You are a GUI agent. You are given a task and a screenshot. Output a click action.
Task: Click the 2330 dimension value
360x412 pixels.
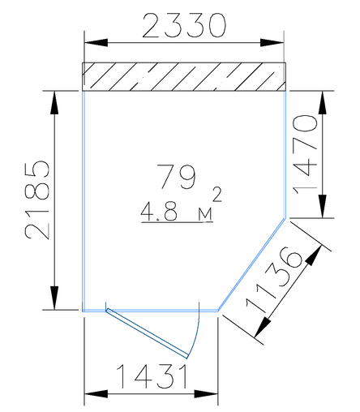click(x=184, y=25)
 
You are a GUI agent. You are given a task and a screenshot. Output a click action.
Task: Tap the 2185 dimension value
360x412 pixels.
click(x=37, y=200)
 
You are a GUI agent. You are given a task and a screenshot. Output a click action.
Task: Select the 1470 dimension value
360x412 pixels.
click(x=306, y=155)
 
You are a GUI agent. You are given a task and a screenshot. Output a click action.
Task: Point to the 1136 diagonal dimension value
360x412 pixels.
click(x=274, y=280)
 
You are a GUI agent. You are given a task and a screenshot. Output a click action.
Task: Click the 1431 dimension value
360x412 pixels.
click(x=152, y=376)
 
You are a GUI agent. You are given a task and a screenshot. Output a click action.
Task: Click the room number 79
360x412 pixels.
click(x=176, y=177)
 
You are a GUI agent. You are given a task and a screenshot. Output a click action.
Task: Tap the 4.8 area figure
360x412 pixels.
click(x=159, y=212)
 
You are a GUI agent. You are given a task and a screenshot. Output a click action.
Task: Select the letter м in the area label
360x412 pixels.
click(x=205, y=215)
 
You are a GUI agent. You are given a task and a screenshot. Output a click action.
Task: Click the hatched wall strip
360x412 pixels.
click(x=184, y=77)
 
